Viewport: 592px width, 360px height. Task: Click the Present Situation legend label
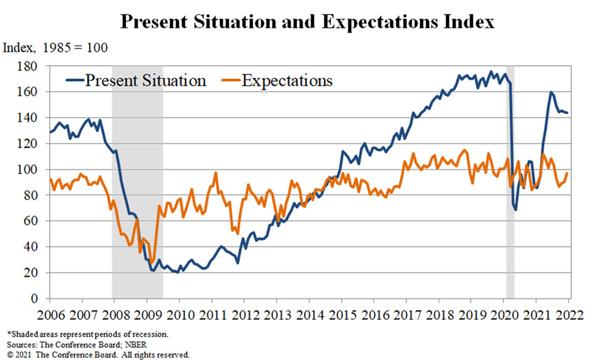click(146, 81)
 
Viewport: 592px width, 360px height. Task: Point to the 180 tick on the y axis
click(27, 67)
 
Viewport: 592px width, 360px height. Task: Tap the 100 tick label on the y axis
click(27, 170)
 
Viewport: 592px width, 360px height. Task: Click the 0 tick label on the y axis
click(35, 298)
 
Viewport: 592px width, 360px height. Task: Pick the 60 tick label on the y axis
click(31, 221)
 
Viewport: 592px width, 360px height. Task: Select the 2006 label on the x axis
click(51, 315)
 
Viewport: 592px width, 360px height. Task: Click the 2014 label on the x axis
click(310, 315)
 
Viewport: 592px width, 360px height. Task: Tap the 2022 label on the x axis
click(570, 315)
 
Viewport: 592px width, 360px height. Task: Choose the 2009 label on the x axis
click(148, 315)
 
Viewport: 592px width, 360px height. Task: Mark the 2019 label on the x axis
click(472, 315)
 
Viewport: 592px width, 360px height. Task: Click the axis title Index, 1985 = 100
click(55, 48)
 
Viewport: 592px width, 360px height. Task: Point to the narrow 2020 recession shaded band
click(510, 182)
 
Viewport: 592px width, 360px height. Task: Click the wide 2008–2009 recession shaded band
click(138, 182)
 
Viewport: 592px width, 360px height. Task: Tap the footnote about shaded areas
click(88, 334)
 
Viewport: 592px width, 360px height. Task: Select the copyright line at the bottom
click(98, 354)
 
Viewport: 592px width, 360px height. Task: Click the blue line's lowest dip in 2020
click(516, 210)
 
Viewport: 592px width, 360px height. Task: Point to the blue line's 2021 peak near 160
click(551, 92)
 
